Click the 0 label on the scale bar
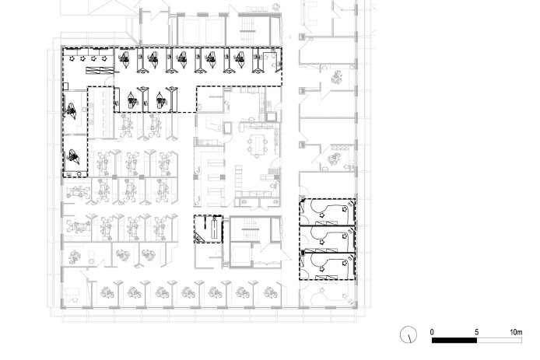(x=432, y=332)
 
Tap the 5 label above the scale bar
(x=477, y=332)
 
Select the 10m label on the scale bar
(x=516, y=332)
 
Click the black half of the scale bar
(x=454, y=341)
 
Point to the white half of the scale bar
(x=500, y=341)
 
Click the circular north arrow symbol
(x=409, y=334)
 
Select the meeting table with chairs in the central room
(x=258, y=145)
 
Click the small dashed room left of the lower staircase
(x=209, y=229)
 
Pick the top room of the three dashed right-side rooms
(x=327, y=212)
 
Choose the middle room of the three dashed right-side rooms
(x=327, y=239)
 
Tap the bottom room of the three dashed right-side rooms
(x=327, y=266)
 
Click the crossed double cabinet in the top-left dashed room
(x=100, y=71)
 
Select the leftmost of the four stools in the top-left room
(x=72, y=59)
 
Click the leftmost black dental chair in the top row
(x=124, y=59)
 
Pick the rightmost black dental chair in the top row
(x=240, y=59)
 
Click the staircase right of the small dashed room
(x=250, y=228)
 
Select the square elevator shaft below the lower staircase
(x=240, y=255)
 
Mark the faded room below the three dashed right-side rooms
(x=327, y=293)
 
